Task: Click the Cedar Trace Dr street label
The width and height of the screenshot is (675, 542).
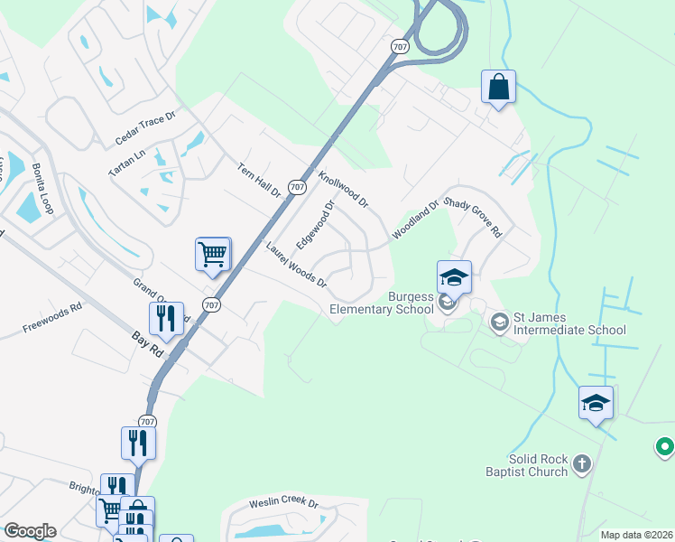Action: tap(149, 129)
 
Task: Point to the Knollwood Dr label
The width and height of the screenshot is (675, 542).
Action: tap(343, 187)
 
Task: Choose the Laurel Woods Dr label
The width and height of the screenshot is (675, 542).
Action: tap(296, 264)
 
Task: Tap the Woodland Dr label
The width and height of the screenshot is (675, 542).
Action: tap(414, 220)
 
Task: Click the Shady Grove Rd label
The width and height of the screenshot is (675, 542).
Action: tap(473, 218)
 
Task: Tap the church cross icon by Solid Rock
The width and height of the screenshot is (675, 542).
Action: tap(582, 465)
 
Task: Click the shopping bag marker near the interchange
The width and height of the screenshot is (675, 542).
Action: tap(498, 88)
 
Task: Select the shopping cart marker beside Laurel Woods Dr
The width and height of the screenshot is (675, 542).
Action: tap(213, 254)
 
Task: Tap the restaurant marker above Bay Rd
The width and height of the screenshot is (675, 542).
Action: tap(166, 318)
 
